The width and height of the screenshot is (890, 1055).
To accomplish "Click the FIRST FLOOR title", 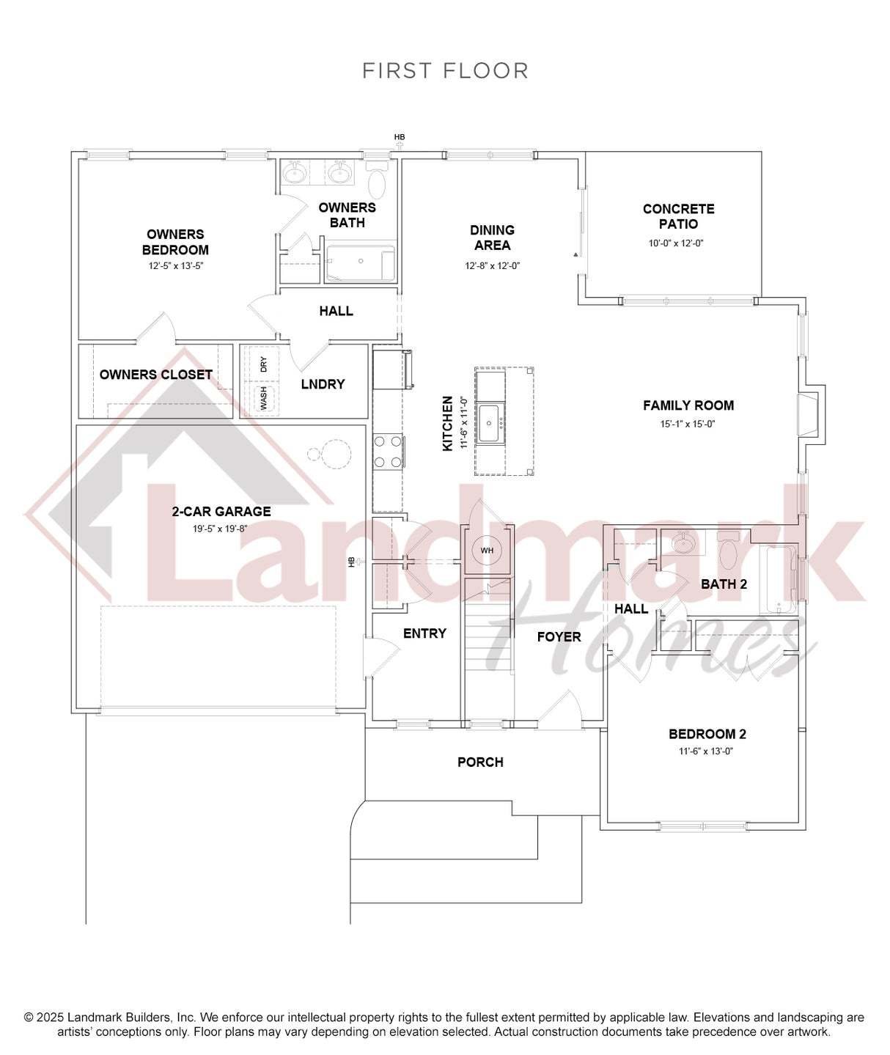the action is click(445, 70).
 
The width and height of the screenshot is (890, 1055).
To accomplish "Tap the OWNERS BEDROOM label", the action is click(175, 242).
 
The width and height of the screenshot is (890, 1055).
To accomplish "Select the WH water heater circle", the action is click(487, 551).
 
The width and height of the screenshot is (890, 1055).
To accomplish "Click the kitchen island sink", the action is click(490, 424).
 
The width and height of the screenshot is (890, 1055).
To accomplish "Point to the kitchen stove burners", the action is click(388, 451).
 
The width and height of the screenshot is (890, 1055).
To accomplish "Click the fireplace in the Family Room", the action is click(810, 416).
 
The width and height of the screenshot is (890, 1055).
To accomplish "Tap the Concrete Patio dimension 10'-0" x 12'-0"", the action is click(676, 243).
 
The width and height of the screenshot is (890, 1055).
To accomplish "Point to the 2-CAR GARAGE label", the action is click(221, 511).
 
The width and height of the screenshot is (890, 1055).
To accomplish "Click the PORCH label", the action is click(480, 762).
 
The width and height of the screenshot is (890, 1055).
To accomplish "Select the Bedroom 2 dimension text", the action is click(706, 751).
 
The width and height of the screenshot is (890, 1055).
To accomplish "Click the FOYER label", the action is click(559, 637).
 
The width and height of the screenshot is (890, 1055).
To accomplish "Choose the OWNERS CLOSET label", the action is click(155, 375).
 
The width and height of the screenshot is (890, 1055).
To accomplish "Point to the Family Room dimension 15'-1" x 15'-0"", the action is click(688, 424).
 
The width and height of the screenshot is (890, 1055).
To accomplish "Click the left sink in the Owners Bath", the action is click(293, 173).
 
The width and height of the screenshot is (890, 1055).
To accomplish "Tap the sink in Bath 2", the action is click(684, 544).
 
